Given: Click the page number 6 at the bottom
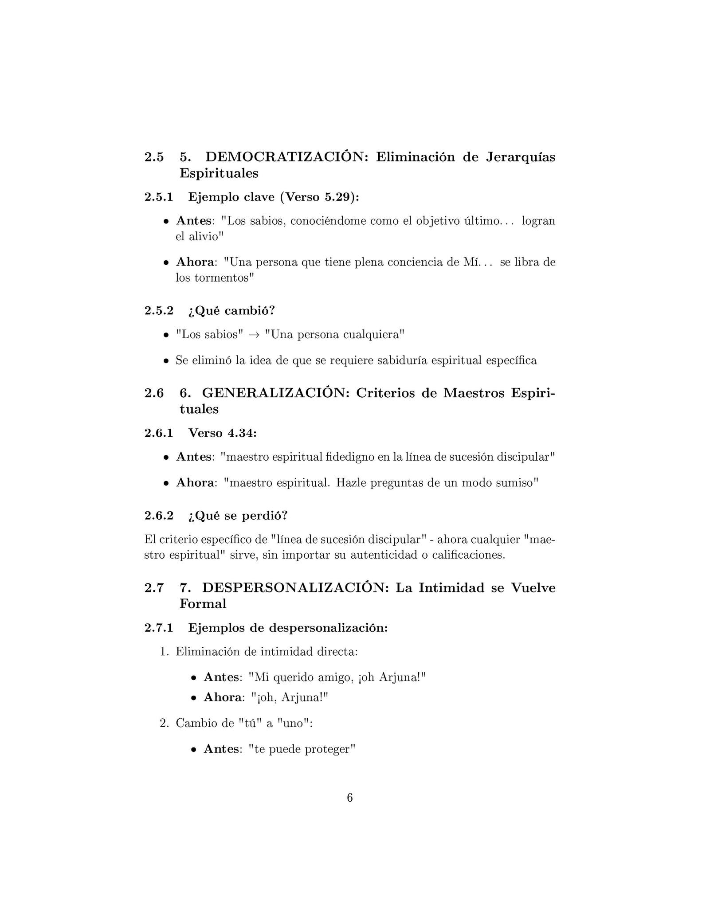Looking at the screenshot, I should click(349, 798).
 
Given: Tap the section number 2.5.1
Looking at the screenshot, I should click(158, 197).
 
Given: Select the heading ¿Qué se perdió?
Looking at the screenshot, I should click(238, 516).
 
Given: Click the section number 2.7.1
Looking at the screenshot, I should click(158, 628).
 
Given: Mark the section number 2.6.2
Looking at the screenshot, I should click(158, 516).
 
